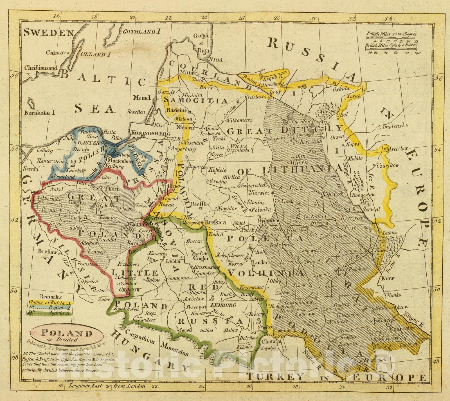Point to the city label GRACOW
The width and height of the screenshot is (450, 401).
point(126,289)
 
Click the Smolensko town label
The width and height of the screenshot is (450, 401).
point(395,127)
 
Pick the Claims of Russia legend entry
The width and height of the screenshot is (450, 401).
point(51,303)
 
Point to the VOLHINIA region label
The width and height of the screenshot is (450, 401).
point(266,273)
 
